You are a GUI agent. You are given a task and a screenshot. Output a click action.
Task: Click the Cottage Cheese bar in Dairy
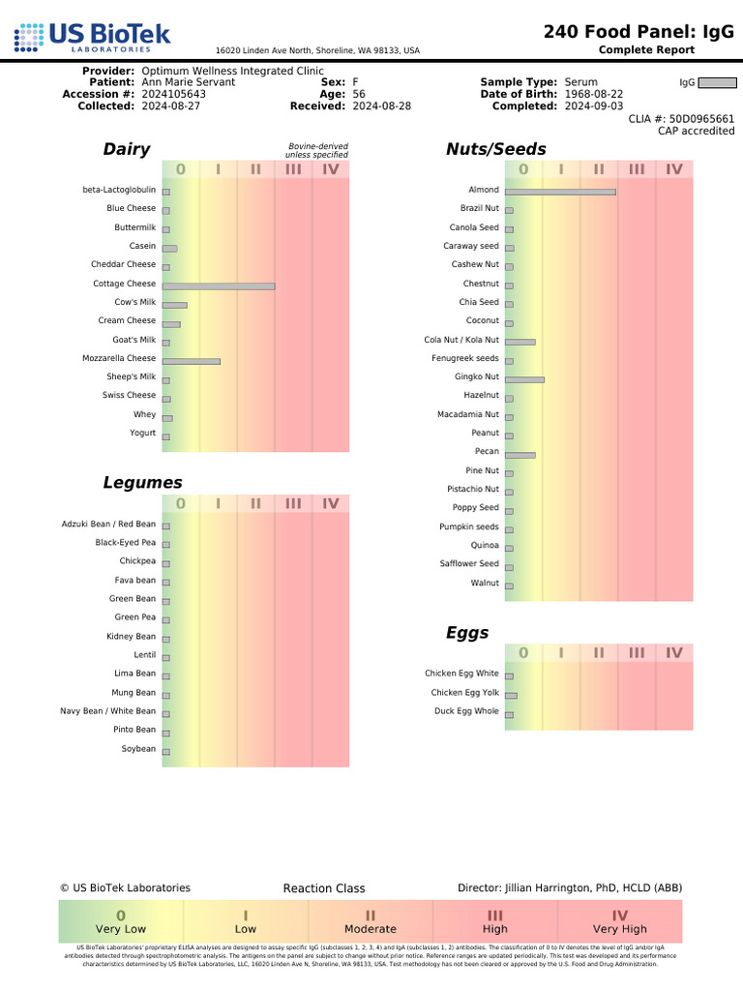pyautogui.click(x=219, y=286)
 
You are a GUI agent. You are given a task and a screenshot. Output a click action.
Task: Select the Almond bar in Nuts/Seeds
pyautogui.click(x=560, y=192)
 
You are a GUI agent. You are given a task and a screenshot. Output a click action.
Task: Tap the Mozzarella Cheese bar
pyautogui.click(x=192, y=361)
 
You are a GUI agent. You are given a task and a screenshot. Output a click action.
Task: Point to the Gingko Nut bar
pyautogui.click(x=524, y=379)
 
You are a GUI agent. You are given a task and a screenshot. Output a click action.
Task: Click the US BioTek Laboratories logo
pyautogui.click(x=93, y=39)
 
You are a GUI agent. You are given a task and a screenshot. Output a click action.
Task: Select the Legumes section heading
pyautogui.click(x=142, y=483)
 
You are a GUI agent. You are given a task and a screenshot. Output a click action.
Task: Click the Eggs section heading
pyautogui.click(x=467, y=633)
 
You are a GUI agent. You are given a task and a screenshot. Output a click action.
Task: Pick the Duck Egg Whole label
pyautogui.click(x=466, y=711)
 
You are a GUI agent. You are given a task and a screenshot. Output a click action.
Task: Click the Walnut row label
pyautogui.click(x=485, y=583)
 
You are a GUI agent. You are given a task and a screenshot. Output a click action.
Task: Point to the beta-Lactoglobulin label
pyautogui.click(x=119, y=190)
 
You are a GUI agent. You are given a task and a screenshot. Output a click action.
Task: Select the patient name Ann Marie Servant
pyautogui.click(x=188, y=82)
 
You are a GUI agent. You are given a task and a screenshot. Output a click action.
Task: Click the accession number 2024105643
pyautogui.click(x=173, y=94)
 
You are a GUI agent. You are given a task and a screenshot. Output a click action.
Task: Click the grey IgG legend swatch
pyautogui.click(x=717, y=83)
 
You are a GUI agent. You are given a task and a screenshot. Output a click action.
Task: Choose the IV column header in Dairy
pyautogui.click(x=331, y=170)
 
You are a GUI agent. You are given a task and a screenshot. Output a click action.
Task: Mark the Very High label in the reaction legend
pyautogui.click(x=620, y=929)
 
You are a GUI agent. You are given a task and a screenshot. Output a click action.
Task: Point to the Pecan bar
pyautogui.click(x=520, y=454)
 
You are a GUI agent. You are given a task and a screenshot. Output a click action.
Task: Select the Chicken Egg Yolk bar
pyautogui.click(x=512, y=695)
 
